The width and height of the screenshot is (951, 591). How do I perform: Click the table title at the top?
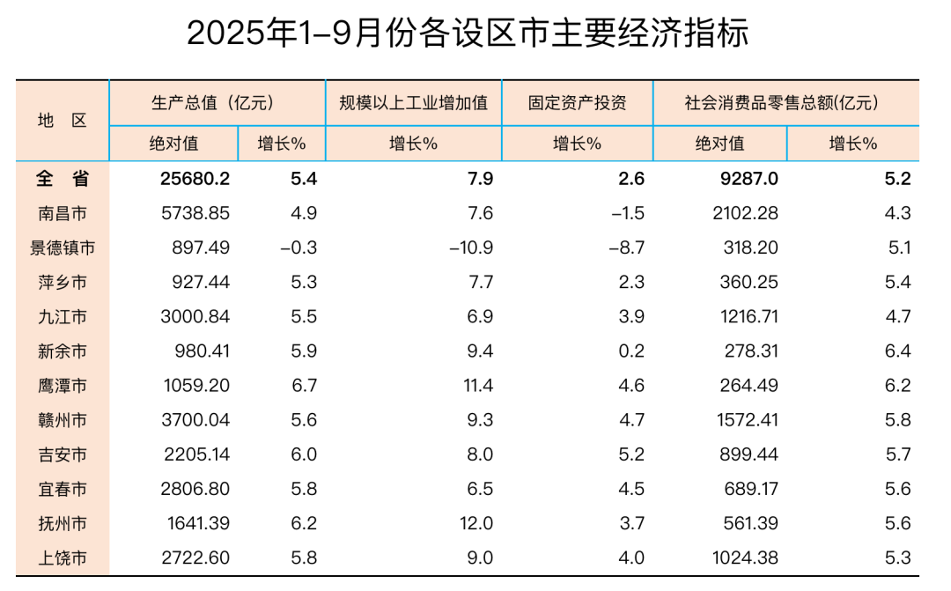point(468,33)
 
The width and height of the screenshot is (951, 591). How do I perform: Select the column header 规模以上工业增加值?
point(413,102)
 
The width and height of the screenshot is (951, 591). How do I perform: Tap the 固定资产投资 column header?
point(577,102)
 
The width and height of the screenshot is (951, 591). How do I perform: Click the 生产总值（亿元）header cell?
point(217,102)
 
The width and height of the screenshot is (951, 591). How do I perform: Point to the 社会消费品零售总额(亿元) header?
point(785,102)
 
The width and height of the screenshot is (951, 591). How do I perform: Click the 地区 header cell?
point(63,121)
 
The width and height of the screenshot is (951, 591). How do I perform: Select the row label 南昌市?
point(63,213)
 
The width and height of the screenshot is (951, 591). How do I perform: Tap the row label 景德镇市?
point(63,248)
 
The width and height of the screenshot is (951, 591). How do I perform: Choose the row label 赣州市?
point(63,420)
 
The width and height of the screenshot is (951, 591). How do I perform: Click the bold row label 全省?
point(63,179)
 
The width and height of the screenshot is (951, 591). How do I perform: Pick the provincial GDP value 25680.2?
point(195,179)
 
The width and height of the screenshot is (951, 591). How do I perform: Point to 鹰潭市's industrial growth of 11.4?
point(476,386)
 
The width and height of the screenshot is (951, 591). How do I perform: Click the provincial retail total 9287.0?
point(749,179)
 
